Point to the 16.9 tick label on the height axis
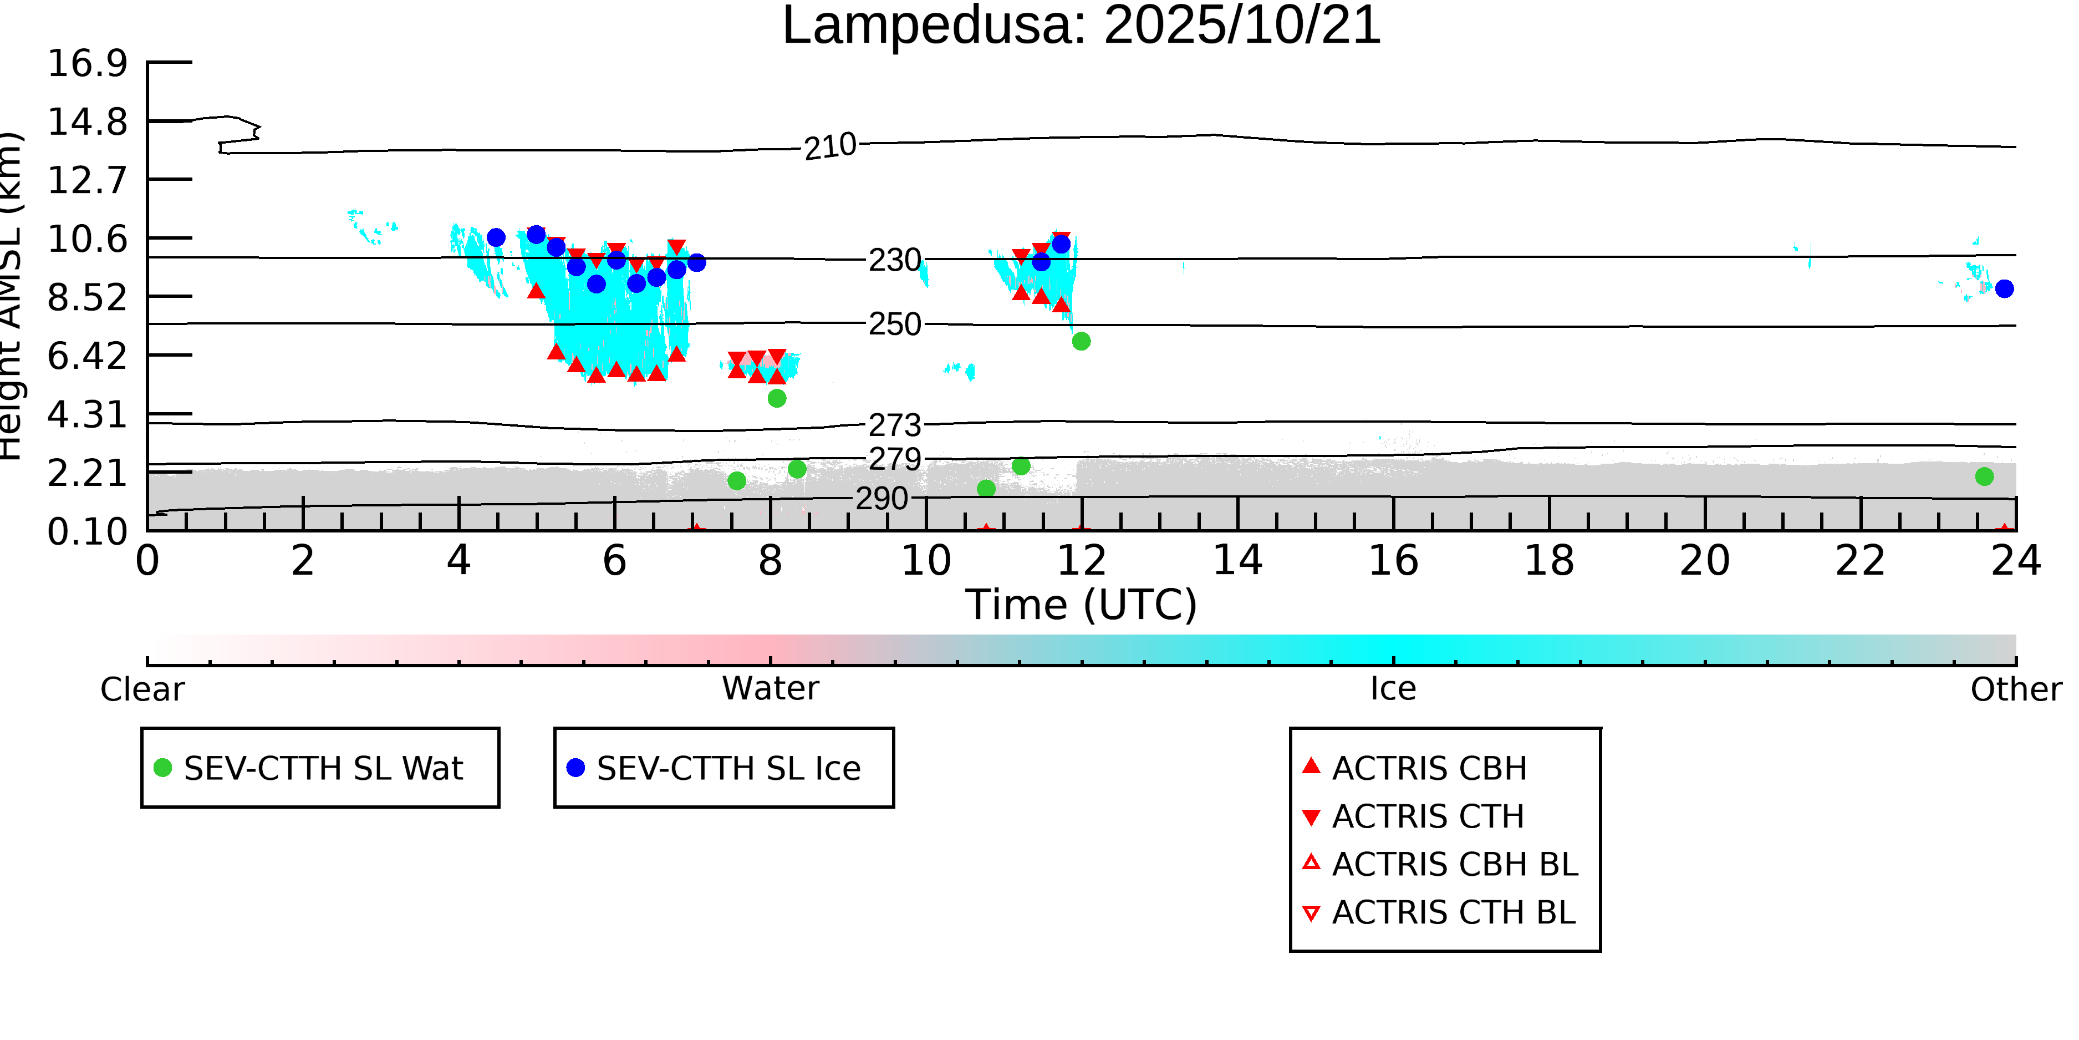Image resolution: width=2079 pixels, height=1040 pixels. coord(87,63)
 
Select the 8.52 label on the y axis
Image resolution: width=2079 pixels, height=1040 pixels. coord(87,298)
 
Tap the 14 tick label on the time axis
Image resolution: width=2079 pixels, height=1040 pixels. coord(1237,560)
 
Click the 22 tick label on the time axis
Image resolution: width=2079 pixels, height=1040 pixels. coord(1860,560)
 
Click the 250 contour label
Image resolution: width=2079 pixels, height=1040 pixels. coord(894,324)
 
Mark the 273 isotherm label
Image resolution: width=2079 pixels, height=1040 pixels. coord(894,425)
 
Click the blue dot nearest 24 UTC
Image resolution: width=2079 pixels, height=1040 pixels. coord(2004,289)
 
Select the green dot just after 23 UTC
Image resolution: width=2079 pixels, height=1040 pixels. coord(1984,476)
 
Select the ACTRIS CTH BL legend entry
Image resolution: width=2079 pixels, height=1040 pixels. coord(1453,912)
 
